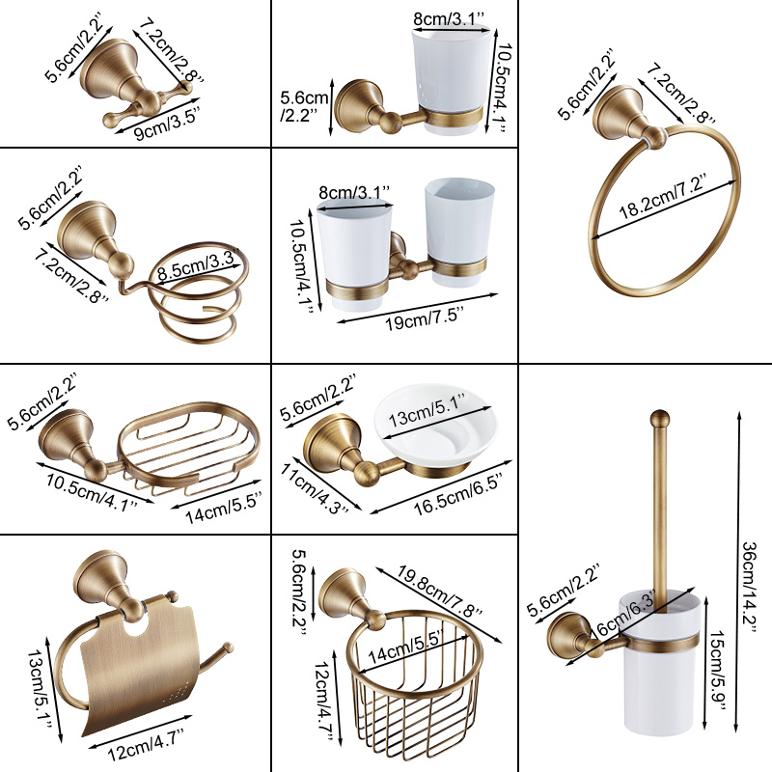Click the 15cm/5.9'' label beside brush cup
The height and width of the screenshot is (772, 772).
(716, 671)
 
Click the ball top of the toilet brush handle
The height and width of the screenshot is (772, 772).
(660, 420)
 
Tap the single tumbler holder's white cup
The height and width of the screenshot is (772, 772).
(451, 79)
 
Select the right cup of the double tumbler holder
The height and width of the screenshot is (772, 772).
(459, 232)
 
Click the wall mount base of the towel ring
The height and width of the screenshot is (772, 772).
(618, 112)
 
